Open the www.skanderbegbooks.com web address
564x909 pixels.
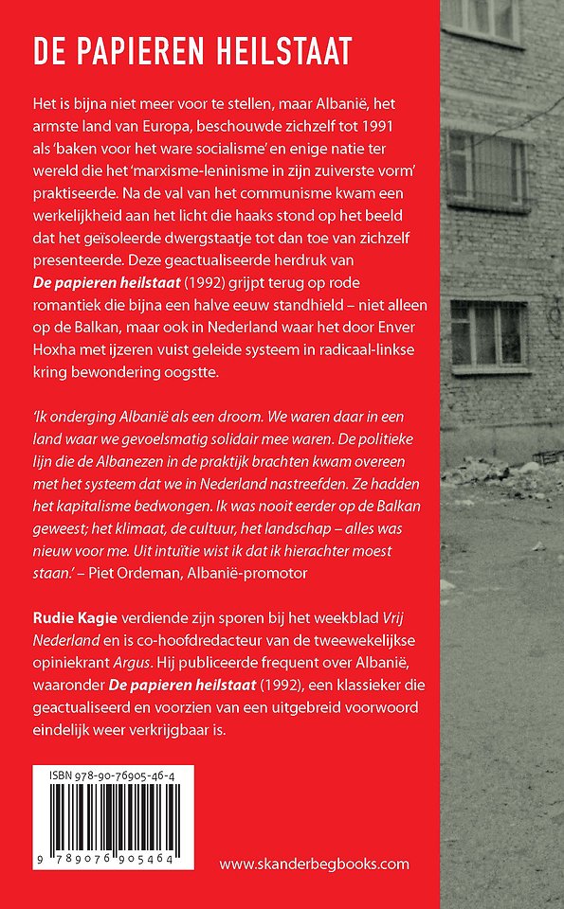click(x=314, y=864)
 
